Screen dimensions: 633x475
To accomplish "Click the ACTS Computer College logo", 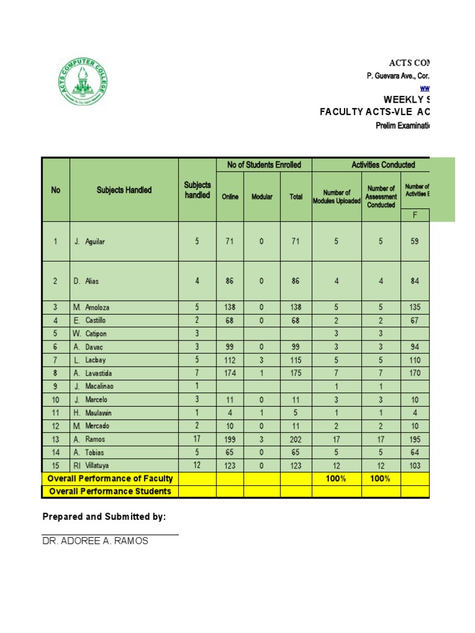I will point(82,82).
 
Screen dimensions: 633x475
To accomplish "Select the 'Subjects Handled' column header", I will point(124,190).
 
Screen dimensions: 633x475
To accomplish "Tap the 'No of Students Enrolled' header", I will point(263,164).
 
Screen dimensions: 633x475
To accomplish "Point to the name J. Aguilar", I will point(90,242).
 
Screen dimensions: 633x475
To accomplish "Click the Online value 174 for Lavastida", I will point(229,373).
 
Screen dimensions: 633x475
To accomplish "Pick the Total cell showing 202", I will point(296,440).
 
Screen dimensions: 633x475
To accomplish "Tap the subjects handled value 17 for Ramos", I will point(197,439).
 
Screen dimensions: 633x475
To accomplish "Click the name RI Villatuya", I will point(90,465).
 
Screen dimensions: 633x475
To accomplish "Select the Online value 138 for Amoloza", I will point(229,307).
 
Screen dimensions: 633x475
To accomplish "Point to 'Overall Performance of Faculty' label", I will point(110,478).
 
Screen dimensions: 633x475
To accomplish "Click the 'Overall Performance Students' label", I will point(110,491).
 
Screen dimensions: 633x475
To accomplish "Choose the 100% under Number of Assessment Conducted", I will point(381,478).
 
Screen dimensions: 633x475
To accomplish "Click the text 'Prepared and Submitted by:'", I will point(104,517).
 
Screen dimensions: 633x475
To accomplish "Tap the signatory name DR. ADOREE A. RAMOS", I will point(95,541).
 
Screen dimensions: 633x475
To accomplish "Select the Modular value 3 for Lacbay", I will point(262,360).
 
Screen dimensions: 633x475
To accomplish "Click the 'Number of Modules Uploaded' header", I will point(336,197).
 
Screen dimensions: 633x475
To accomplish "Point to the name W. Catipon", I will point(90,334).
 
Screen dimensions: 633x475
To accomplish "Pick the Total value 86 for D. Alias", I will point(296,281).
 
